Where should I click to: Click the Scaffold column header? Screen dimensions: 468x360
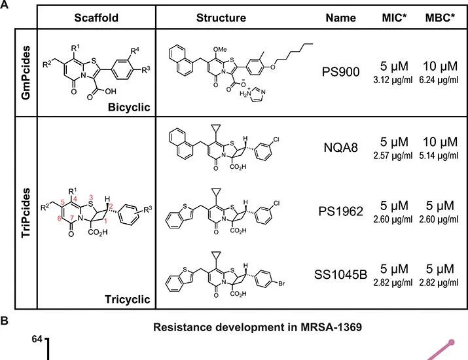[x=96, y=18]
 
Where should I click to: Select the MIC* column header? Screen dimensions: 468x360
[x=394, y=18]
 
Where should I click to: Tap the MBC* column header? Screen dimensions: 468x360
[x=441, y=18]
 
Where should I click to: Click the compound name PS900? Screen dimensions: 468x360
[x=340, y=71]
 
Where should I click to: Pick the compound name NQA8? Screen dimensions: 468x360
[x=340, y=147]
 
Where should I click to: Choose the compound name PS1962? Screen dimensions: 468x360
[x=340, y=211]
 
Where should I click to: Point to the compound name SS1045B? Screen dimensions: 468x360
[x=340, y=274]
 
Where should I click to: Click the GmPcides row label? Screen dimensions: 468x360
[x=26, y=73]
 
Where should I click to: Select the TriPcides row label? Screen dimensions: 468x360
[x=26, y=213]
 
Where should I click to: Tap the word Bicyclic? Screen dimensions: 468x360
[x=129, y=107]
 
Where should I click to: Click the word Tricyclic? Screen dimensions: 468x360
[x=128, y=299]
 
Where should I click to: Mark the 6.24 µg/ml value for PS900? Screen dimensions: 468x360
[x=439, y=80]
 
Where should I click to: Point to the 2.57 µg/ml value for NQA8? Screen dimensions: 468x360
[x=393, y=156]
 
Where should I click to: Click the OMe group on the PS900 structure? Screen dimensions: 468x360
[x=221, y=49]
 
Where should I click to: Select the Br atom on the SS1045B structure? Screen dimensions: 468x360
[x=281, y=283]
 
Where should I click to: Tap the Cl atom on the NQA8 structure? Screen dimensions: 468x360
[x=276, y=139]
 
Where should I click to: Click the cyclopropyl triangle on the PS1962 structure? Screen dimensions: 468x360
[x=215, y=192]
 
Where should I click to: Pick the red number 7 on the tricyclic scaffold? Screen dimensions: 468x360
[x=72, y=217]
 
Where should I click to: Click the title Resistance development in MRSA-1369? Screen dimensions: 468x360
[x=258, y=327]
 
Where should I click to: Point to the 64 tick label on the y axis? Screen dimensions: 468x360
[x=37, y=340]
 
